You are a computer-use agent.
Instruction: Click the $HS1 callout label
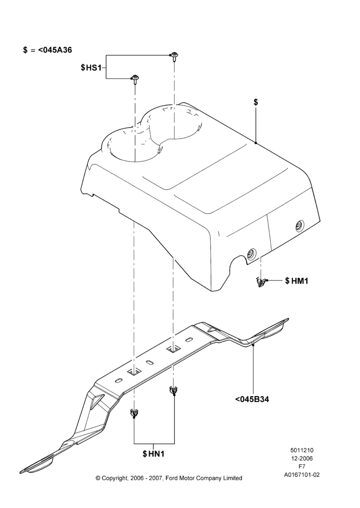tap(91, 68)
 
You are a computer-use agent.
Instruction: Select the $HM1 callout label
tap(296, 280)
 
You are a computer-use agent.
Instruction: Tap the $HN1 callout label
tap(154, 454)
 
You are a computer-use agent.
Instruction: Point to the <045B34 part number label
tap(252, 399)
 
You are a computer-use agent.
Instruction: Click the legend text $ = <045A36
tap(47, 50)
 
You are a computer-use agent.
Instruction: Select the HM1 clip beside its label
tap(260, 282)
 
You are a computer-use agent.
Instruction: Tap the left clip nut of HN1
tap(134, 413)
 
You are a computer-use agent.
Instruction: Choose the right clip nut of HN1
tap(173, 390)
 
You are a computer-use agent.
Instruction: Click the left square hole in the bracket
tap(134, 372)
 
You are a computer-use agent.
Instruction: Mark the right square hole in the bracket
tap(173, 350)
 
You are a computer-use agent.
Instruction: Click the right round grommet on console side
tap(299, 226)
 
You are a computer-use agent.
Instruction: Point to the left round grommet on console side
tap(251, 253)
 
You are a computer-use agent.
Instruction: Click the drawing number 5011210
tap(302, 450)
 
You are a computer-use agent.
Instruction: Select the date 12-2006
tap(302, 458)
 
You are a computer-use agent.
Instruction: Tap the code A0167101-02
tap(302, 475)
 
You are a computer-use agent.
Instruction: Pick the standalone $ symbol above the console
tap(256, 103)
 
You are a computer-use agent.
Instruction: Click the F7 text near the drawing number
tap(302, 466)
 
